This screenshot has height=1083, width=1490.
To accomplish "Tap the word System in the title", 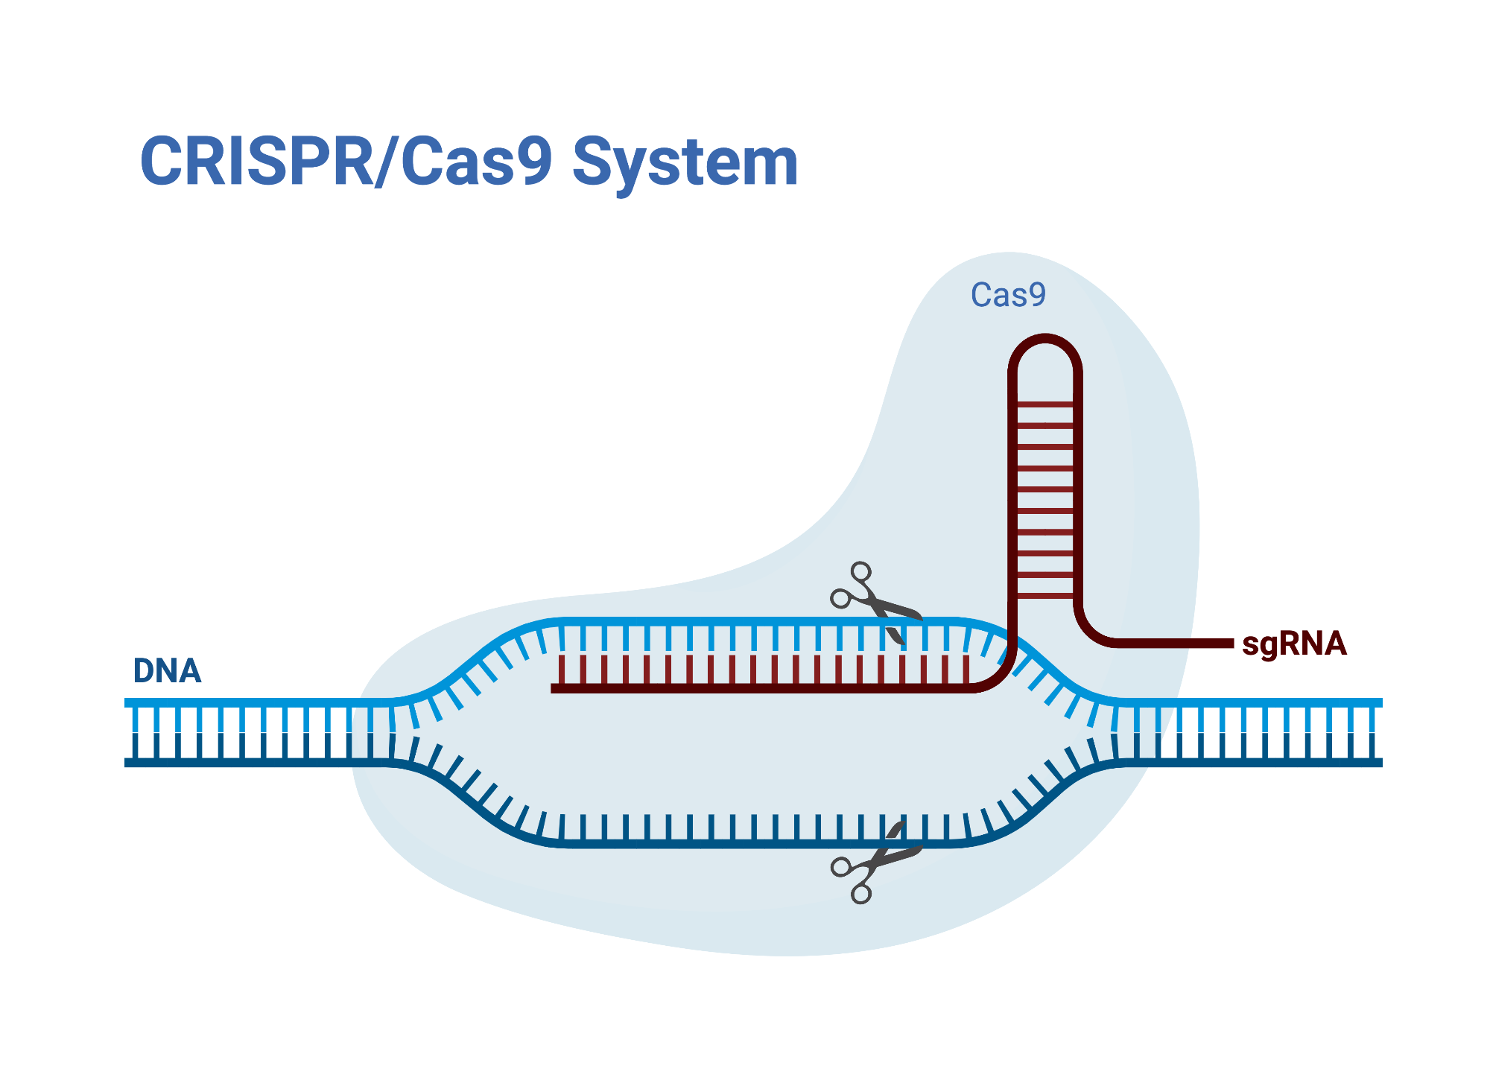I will pyautogui.click(x=685, y=162).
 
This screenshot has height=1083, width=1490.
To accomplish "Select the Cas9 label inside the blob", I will pyautogui.click(x=1008, y=295).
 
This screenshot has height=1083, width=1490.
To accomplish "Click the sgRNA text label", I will pyautogui.click(x=1294, y=644).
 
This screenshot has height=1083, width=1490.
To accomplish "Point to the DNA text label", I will pyautogui.click(x=167, y=671).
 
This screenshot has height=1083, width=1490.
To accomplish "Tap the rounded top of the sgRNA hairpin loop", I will pyautogui.click(x=1044, y=340).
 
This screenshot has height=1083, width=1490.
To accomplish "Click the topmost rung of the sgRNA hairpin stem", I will pyautogui.click(x=1044, y=404).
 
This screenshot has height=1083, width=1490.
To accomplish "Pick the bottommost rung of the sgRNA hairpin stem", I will pyautogui.click(x=1044, y=595).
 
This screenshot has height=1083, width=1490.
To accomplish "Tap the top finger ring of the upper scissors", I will pyautogui.click(x=861, y=572).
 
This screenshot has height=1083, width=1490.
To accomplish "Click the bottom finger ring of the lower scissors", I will pyautogui.click(x=861, y=894).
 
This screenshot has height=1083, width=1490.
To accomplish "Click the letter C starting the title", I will pyautogui.click(x=162, y=162).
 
